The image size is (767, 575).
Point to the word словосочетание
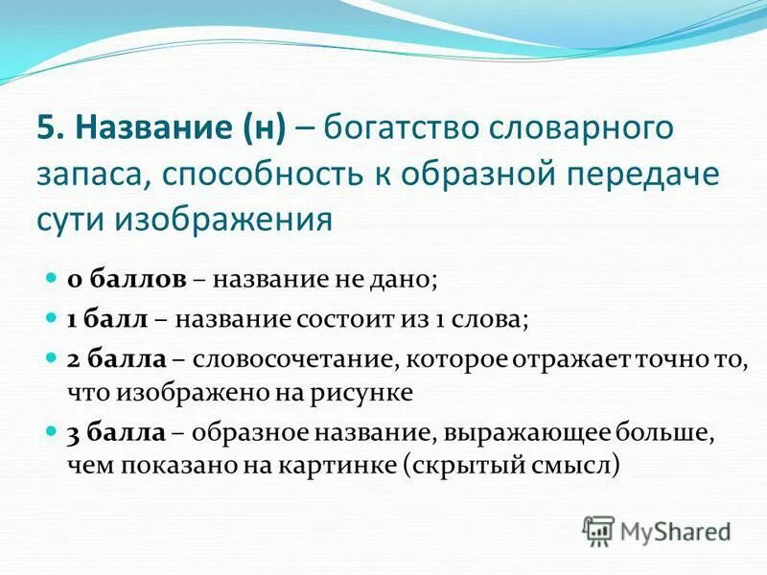pos(291,359)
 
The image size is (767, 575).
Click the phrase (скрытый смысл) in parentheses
pos(512,466)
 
